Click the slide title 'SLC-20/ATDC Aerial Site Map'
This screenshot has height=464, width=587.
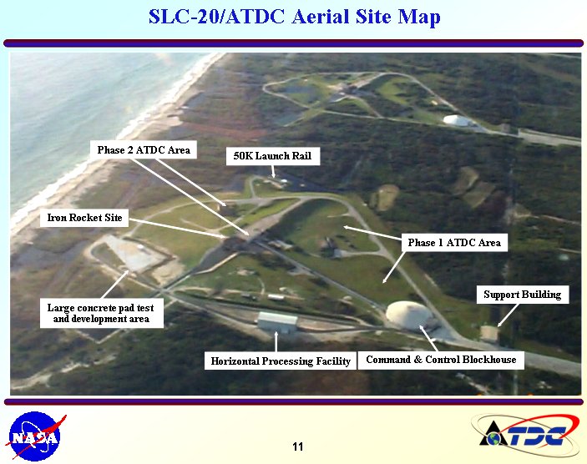pyautogui.click(x=294, y=18)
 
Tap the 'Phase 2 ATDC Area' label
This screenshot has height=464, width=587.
pyautogui.click(x=144, y=149)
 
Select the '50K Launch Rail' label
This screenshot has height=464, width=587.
pyautogui.click(x=273, y=156)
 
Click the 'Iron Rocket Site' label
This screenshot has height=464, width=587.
pyautogui.click(x=84, y=218)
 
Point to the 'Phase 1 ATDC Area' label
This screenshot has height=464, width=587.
pyautogui.click(x=454, y=243)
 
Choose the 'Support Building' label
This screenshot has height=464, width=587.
pyautogui.click(x=523, y=295)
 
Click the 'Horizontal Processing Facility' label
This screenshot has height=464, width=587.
pyautogui.click(x=281, y=361)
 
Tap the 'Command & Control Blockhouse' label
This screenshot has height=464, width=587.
pyautogui.click(x=441, y=360)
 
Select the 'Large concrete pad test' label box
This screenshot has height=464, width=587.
pyautogui.click(x=102, y=313)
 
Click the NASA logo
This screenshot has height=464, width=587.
pyautogui.click(x=35, y=436)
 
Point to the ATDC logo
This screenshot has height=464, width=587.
pyautogui.click(x=525, y=435)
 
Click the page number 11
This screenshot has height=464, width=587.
pyautogui.click(x=297, y=446)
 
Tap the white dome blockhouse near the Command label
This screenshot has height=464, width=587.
pyautogui.click(x=409, y=315)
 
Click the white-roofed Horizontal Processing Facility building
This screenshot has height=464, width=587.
pyautogui.click(x=277, y=322)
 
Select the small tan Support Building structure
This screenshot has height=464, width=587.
pyautogui.click(x=489, y=334)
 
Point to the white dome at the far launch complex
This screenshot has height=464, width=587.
pyautogui.click(x=457, y=120)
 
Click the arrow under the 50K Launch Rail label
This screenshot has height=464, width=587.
pyautogui.click(x=273, y=171)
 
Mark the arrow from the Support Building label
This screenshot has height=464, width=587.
pyautogui.click(x=508, y=315)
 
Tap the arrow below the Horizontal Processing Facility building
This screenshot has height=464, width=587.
pyautogui.click(x=276, y=341)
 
